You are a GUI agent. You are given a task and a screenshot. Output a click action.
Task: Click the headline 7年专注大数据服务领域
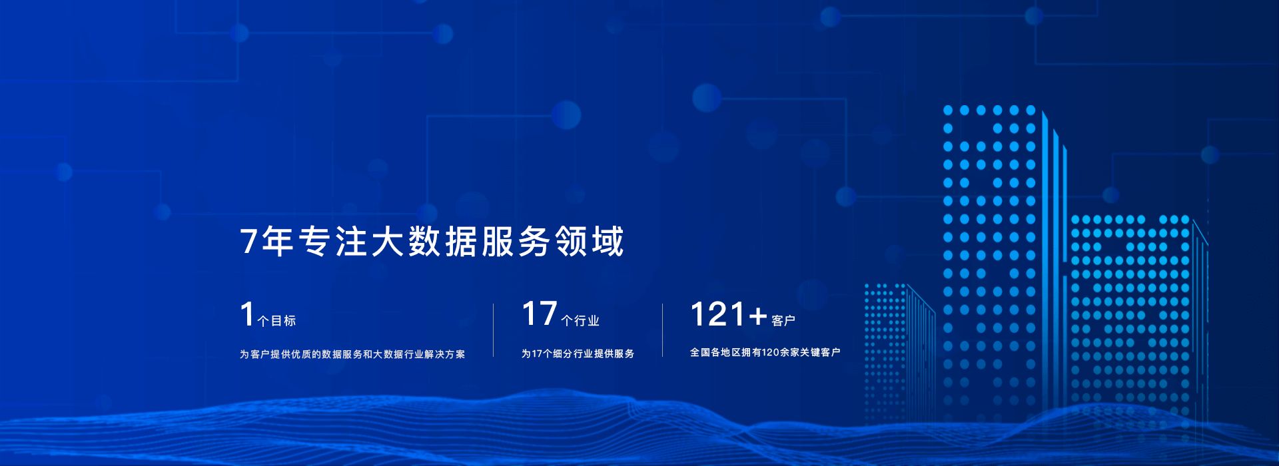[x=432, y=241]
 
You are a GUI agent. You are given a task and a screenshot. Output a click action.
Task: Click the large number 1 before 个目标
[x=247, y=314]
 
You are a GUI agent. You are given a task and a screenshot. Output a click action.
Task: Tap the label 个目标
[x=276, y=321]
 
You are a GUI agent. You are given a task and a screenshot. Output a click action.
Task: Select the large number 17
[x=539, y=314]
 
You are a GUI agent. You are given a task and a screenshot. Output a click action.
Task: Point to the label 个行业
[x=580, y=321]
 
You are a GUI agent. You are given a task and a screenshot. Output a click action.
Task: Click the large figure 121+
[x=728, y=314]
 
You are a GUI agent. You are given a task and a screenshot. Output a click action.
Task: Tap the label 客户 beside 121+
[x=783, y=321]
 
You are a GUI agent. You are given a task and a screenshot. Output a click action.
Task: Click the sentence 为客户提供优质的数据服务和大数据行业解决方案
[x=352, y=354]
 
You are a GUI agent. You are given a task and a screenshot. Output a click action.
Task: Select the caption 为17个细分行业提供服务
[x=578, y=353]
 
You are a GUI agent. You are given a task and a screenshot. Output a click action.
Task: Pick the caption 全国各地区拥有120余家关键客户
[x=765, y=352]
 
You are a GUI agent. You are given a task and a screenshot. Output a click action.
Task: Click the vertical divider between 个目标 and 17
[x=494, y=330]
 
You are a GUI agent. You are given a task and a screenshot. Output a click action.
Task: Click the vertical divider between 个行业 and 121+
[x=663, y=330]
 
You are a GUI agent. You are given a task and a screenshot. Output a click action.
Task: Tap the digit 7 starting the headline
[x=248, y=242]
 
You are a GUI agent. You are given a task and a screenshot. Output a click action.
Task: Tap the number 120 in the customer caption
[x=770, y=352]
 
